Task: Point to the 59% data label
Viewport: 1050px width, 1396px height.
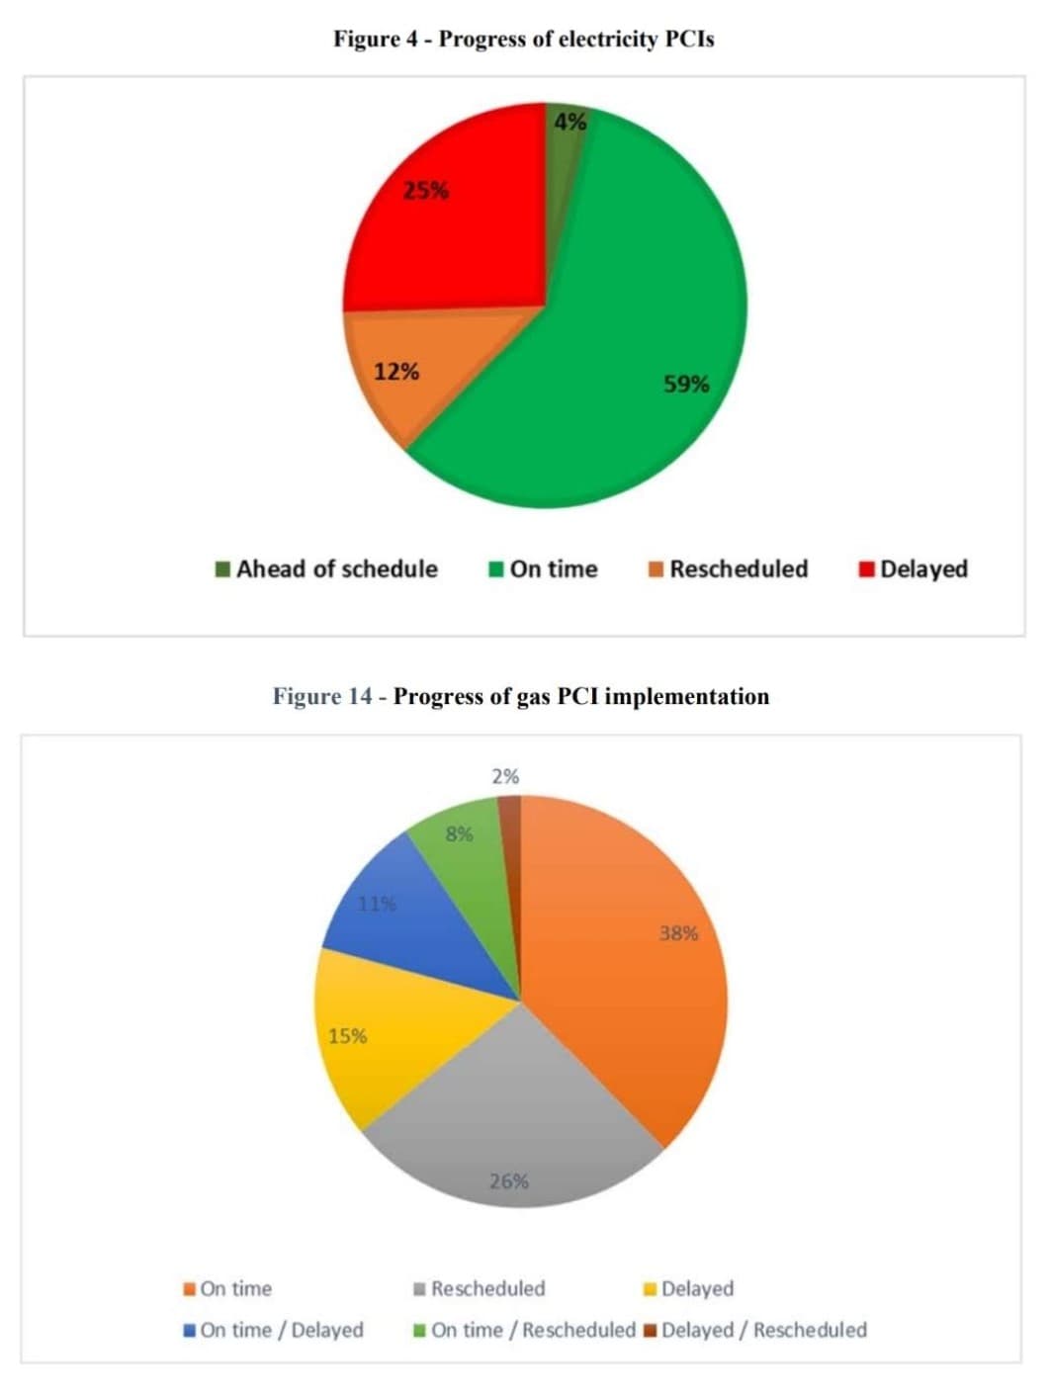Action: click(x=686, y=384)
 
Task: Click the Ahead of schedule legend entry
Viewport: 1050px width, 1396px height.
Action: click(x=326, y=569)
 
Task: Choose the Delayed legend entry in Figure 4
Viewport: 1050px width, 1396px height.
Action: click(x=914, y=569)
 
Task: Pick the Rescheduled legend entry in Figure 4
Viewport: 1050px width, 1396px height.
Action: click(x=728, y=569)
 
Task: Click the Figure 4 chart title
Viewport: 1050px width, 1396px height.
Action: click(x=523, y=40)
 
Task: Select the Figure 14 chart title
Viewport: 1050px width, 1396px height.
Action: click(x=521, y=696)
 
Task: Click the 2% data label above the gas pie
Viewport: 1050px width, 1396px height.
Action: click(x=505, y=777)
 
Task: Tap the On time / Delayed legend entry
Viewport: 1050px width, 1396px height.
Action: click(x=273, y=1330)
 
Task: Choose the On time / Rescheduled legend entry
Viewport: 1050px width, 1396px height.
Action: click(x=524, y=1330)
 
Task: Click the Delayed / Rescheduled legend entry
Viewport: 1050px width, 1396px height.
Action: click(x=754, y=1330)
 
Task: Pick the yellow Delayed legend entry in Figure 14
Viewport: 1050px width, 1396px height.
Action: click(x=688, y=1288)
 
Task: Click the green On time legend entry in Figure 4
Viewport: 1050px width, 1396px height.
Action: click(x=544, y=569)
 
